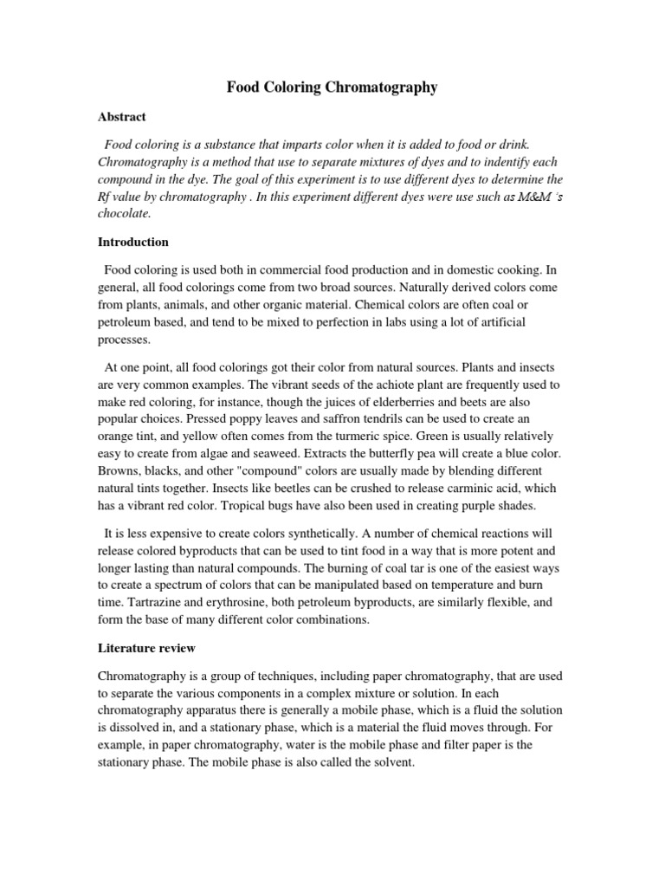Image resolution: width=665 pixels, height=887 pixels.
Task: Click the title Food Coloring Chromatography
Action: [x=332, y=87]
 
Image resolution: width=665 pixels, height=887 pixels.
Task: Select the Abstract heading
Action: [x=121, y=116]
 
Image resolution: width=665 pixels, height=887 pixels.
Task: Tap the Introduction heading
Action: [x=133, y=242]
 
